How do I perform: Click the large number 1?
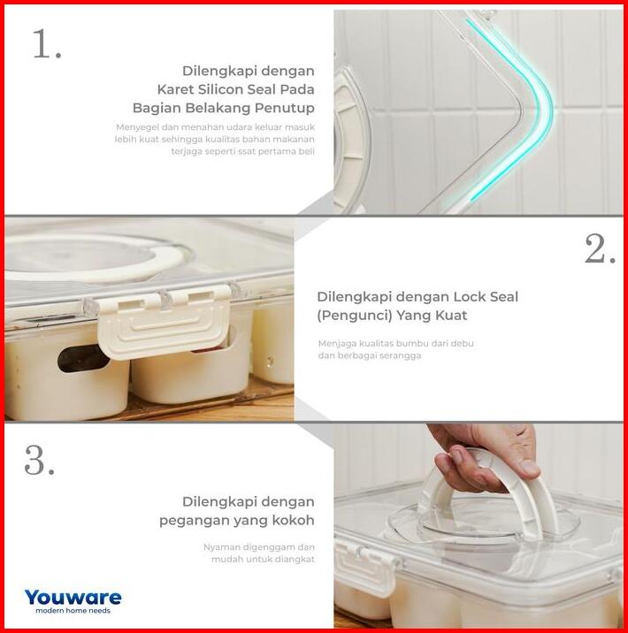pos(47,44)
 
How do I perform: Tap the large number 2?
pos(600,248)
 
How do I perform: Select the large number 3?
pos(39,460)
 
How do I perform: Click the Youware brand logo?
pos(73,597)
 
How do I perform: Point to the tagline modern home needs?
pos(73,610)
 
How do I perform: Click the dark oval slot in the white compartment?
pos(84,358)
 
